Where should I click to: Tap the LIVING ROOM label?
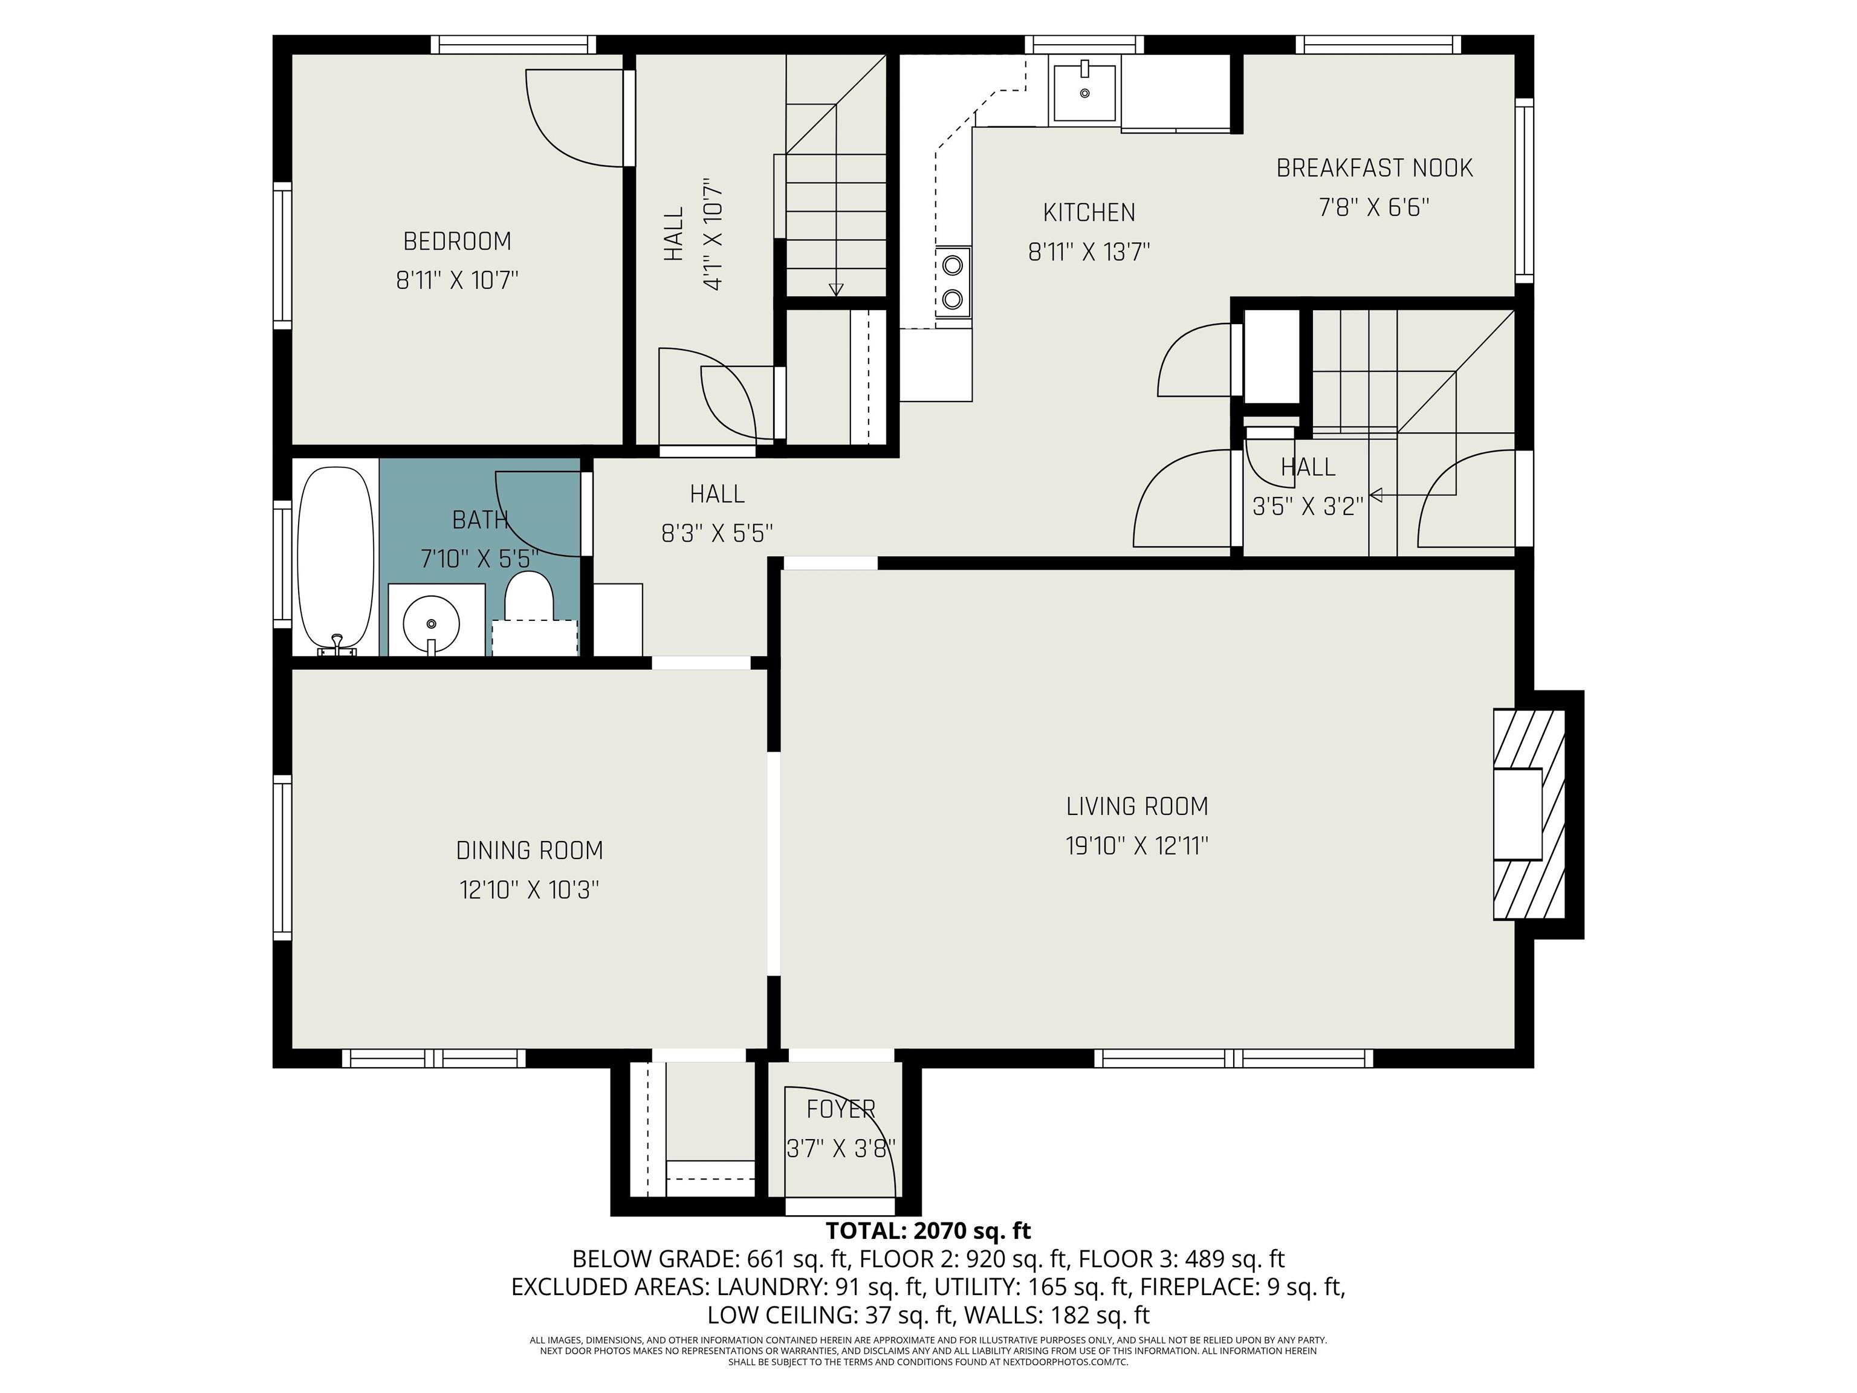[x=1136, y=806]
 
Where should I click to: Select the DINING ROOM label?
[x=530, y=851]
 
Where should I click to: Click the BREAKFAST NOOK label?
[x=1374, y=168]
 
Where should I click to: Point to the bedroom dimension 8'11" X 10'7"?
[x=458, y=279]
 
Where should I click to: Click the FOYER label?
[x=840, y=1109]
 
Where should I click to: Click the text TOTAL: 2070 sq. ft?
[x=928, y=1231]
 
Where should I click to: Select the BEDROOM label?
[x=458, y=241]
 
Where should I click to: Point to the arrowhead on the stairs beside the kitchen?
[x=835, y=290]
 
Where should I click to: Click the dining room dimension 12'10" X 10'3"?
[x=530, y=889]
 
